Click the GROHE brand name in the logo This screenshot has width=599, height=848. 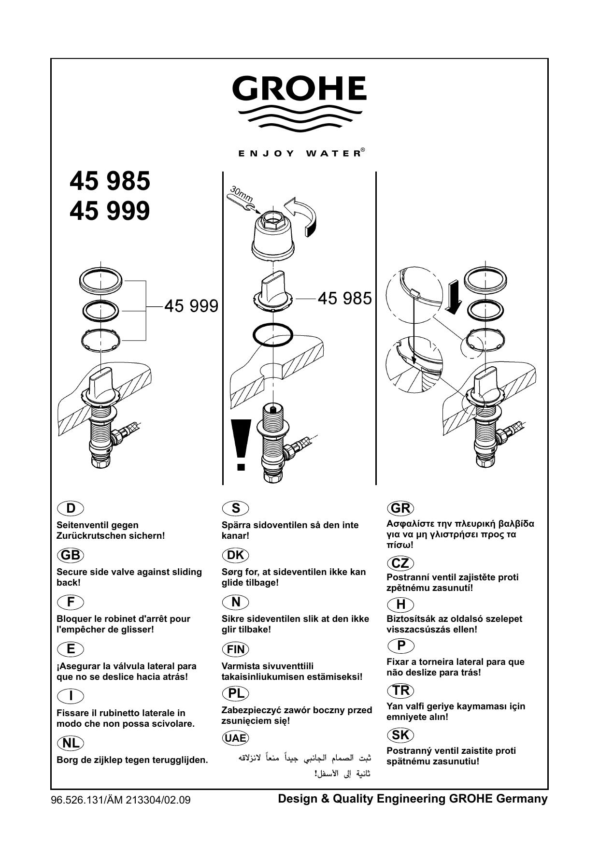click(x=299, y=88)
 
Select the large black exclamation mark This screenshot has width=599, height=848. click(x=241, y=444)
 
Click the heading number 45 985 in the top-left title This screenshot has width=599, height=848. click(x=110, y=181)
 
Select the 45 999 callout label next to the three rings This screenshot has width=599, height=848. click(x=191, y=306)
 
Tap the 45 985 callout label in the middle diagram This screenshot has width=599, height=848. click(x=344, y=298)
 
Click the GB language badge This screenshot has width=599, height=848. click(x=70, y=555)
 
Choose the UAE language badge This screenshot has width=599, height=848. click(x=235, y=738)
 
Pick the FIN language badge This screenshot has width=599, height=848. click(x=235, y=649)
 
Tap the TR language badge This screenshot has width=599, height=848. click(x=400, y=690)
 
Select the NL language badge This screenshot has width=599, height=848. click(x=70, y=743)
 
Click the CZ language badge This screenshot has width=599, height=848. click(x=400, y=563)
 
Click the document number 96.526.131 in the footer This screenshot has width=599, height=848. click(x=75, y=800)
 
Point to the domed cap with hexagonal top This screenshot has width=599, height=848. click(x=273, y=235)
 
